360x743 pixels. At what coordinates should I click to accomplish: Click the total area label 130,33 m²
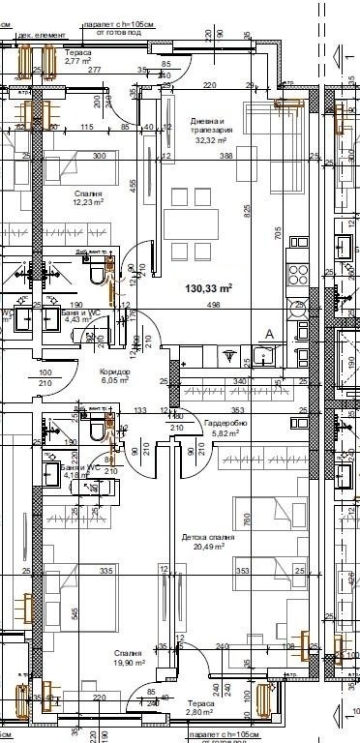coord(208,287)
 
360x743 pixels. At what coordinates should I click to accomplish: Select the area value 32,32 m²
coord(210,140)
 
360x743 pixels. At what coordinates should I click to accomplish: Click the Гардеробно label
coord(225,424)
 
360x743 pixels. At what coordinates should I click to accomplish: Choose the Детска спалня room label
coord(207,537)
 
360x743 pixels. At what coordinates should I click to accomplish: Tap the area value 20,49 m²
coord(207,547)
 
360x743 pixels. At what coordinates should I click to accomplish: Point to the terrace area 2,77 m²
coord(77,61)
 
